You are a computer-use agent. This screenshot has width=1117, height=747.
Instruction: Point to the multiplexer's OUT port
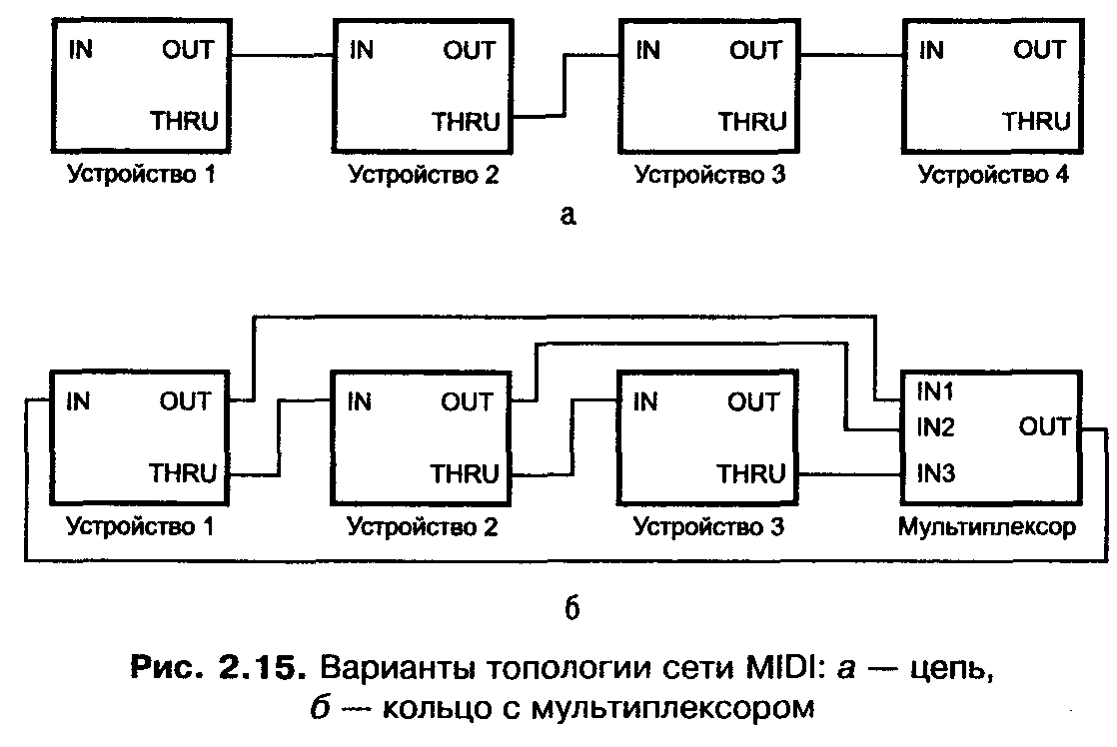pos(1045,428)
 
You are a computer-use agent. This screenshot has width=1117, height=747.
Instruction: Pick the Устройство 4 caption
pos(993,177)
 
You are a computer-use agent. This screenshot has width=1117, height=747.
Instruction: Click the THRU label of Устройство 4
pos(1036,122)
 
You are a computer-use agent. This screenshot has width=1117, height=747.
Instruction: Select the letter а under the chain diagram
pos(568,216)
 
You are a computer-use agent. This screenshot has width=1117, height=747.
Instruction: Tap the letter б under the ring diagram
pos(572,607)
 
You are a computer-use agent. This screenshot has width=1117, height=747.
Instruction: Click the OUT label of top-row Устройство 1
pos(188,50)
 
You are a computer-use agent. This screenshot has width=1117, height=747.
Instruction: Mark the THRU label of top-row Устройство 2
pos(466,122)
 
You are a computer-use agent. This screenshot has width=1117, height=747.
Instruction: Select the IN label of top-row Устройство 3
pos(648,50)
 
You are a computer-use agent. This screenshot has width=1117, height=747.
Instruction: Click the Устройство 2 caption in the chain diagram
pos(423,177)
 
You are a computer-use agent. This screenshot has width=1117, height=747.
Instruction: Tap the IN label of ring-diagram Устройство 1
pos(79,402)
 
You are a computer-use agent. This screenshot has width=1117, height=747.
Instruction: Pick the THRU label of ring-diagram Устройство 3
pos(750,473)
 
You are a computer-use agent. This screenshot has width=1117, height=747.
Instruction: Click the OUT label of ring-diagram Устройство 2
pos(467,402)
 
